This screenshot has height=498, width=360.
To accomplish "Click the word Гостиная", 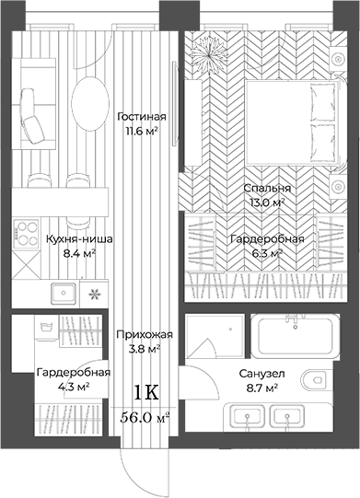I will tap(142, 117).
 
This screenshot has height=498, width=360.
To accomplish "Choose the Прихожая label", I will tap(141, 336).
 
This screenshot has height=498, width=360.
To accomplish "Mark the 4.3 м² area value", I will tap(74, 387).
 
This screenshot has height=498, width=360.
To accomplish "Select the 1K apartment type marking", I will tap(146, 392).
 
